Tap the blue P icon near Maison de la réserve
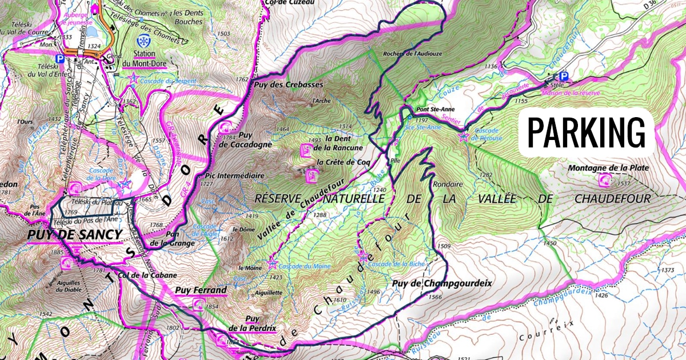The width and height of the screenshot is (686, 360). pos(564,76)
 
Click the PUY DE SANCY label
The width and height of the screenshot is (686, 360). pos(74,235)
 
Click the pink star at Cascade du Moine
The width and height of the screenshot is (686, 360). pos(272,263)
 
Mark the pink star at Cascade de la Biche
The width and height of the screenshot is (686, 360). pos(364,257)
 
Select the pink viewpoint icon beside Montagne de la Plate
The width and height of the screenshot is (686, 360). pos(605,181)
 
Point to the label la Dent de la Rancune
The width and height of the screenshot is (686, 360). pos(344,143)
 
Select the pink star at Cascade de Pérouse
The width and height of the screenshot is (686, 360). pos(464,137)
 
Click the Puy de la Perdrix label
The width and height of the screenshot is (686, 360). pos(252,323)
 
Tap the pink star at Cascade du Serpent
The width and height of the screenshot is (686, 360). pos(134,79)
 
